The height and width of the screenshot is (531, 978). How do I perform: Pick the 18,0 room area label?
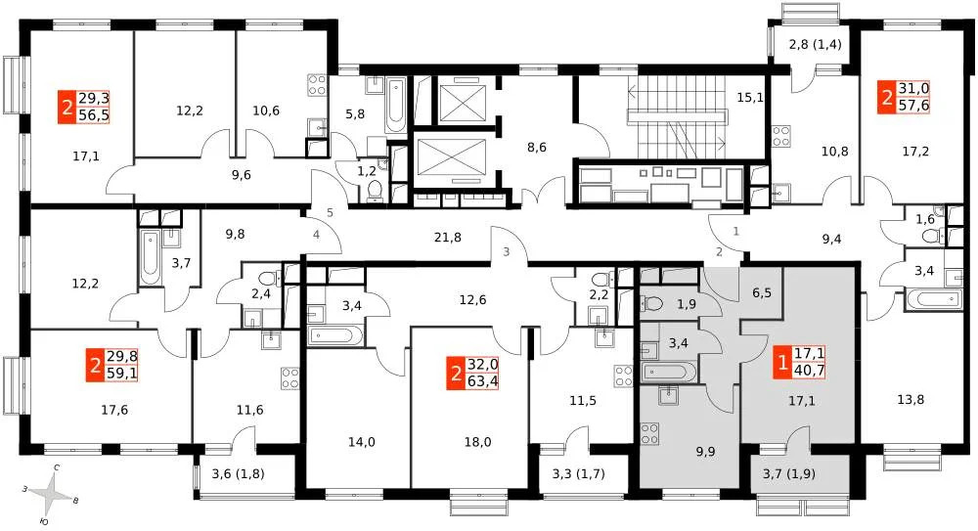478,441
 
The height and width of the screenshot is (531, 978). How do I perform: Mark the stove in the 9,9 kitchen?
647,435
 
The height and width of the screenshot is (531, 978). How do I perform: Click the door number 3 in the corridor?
506,252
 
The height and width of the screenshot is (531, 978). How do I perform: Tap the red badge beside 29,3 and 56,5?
67,105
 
